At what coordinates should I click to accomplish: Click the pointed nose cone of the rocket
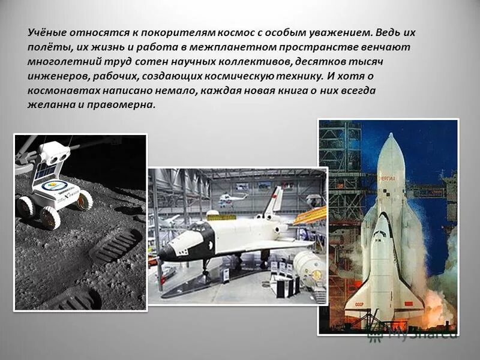(x=391, y=141)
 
